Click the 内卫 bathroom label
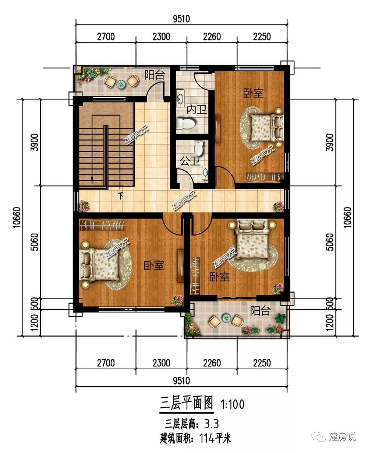197,110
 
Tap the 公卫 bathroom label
190,161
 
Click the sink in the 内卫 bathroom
180,98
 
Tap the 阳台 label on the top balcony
155,75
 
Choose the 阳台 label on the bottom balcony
260,311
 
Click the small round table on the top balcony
121,84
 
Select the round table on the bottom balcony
226,318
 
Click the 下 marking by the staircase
121,196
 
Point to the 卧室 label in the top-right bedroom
253,93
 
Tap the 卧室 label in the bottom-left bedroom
154,265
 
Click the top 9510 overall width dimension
181,19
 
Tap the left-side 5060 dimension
35,242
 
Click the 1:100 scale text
233,404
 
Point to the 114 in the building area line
206,438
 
